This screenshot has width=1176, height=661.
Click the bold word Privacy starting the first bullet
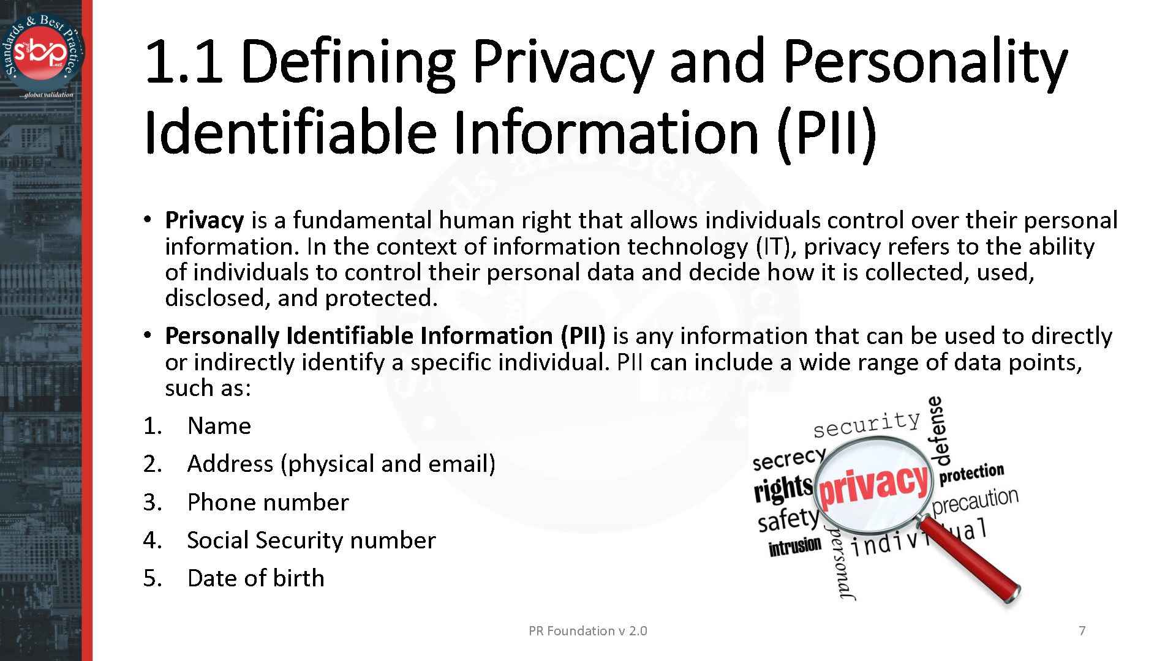pos(204,220)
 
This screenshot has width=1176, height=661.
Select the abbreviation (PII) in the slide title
pos(827,132)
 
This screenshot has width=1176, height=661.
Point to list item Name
pos(219,426)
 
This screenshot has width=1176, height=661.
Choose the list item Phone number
pos(268,502)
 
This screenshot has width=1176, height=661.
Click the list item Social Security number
pos(311,540)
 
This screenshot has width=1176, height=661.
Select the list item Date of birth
pos(255,578)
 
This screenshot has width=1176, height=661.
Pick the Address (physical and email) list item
pos(341,464)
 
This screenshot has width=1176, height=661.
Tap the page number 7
pos(1082,630)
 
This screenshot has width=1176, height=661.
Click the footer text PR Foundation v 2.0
pos(587,630)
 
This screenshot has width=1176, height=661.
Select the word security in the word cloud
pos(867,424)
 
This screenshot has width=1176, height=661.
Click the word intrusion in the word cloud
pos(794,547)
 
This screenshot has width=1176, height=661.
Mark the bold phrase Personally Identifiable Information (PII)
pos(385,336)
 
